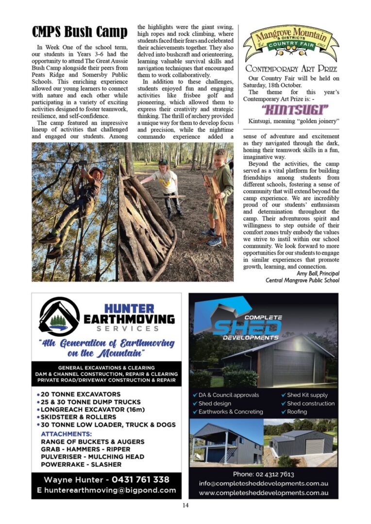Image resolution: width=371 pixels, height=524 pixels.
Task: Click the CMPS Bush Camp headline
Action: coord(80,32)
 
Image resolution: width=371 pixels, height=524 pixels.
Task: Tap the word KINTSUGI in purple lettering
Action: coord(288,108)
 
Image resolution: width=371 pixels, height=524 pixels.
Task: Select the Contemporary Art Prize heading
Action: coord(290,68)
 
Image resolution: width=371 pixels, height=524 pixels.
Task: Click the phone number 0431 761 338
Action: coord(141,479)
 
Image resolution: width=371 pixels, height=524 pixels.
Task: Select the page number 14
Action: coord(185,506)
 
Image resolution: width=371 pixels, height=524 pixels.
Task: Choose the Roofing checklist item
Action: coord(297,411)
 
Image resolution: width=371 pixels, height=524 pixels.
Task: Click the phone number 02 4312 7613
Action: coord(263,474)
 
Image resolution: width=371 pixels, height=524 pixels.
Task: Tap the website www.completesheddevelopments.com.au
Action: coord(263,492)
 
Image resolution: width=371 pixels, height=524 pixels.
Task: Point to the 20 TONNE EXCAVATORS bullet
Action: coord(81,394)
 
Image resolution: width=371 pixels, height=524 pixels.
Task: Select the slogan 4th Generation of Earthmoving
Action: coord(106,343)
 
